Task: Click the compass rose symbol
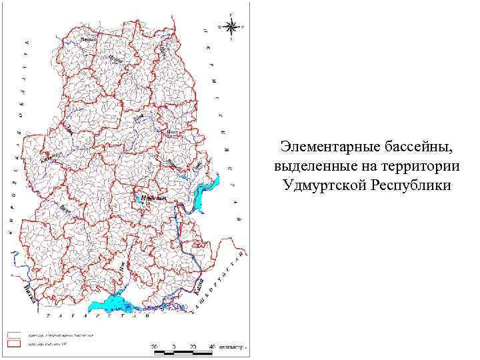[x=231, y=27]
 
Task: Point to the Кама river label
[x=199, y=287]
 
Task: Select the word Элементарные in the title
[x=322, y=146]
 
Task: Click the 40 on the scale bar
[x=211, y=347]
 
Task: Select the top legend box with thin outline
[x=13, y=334]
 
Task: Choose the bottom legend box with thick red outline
[x=13, y=343]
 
